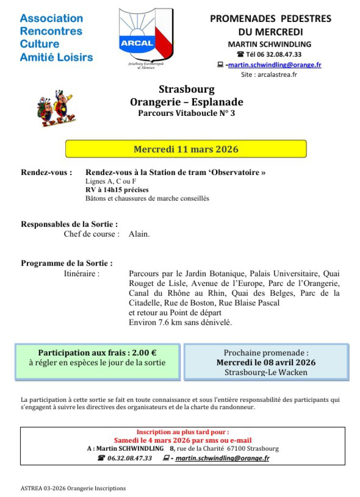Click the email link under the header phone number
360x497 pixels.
point(275,65)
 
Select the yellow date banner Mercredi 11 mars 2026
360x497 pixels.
point(186,149)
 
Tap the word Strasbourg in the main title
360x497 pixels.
point(187,89)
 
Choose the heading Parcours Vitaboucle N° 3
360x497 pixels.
point(187,113)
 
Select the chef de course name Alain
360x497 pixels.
point(139,234)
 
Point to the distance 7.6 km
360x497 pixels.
point(164,322)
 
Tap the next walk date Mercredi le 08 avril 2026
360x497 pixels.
point(266,363)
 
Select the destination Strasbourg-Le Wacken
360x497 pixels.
point(266,372)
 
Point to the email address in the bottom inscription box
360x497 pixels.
point(222,458)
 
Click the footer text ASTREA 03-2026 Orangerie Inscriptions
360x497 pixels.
point(73,488)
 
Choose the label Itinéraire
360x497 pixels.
point(82,274)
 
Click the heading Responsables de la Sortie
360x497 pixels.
point(70,224)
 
